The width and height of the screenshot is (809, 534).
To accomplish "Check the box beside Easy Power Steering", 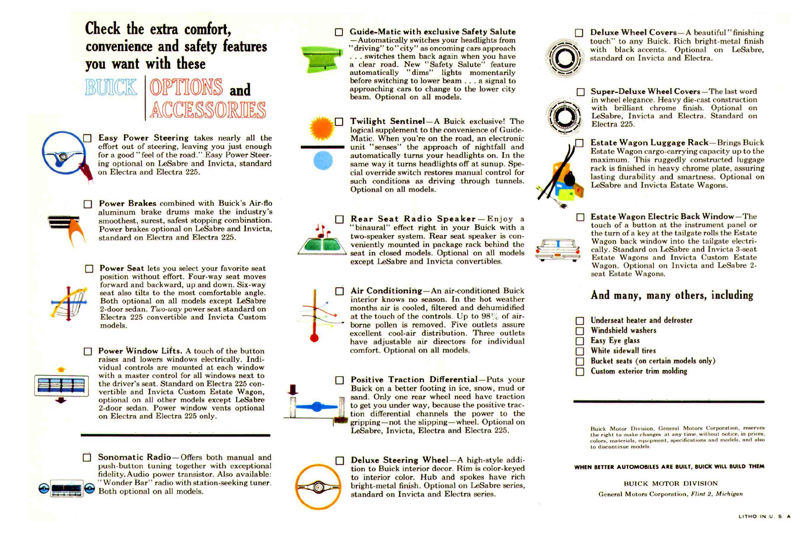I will point(87,138).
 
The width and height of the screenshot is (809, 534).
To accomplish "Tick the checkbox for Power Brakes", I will point(88,204).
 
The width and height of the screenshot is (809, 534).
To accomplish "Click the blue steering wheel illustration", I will point(64,153).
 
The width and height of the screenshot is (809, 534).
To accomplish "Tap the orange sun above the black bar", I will point(321,129).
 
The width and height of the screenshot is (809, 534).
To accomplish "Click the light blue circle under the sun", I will point(323,161).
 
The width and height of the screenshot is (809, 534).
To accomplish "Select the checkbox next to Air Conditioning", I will point(339,291).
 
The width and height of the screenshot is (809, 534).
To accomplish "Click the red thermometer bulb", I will point(314,338).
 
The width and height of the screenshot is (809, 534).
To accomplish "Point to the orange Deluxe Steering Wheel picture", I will point(318,487).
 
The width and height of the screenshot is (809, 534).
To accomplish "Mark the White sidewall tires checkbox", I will point(580,351).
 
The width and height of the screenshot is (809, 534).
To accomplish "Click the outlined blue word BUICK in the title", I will point(111,87).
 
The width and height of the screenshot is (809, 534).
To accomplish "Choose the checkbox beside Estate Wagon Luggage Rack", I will point(579,143).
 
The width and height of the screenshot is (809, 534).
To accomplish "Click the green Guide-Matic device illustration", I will point(321,59).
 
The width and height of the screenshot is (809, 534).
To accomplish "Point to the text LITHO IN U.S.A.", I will point(764,516).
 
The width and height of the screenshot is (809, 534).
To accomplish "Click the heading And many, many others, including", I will point(672,295).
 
